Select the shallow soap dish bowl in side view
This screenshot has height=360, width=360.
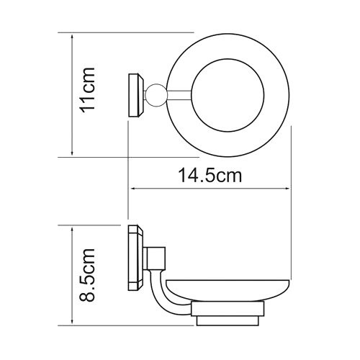pos(230,292)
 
